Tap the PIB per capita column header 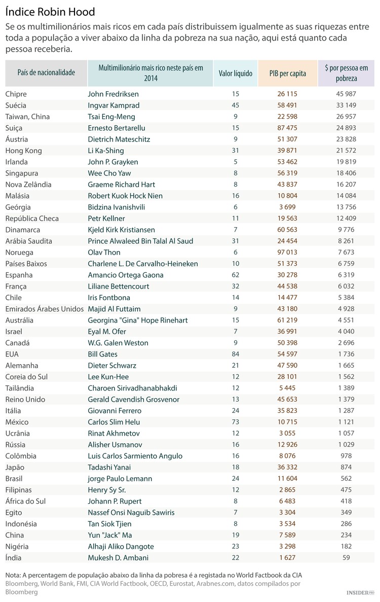point(287,73)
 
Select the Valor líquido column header point(235,73)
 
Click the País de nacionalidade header point(46,73)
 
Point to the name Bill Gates point(102,354)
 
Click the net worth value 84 point(235,354)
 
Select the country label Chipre point(16,94)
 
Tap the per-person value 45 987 point(346,94)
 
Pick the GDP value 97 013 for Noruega point(287,252)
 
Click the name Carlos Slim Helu point(115,422)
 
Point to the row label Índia point(14,557)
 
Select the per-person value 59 point(346,557)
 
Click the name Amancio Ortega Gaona point(126,275)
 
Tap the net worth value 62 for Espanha point(235,275)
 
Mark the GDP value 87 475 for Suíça point(287,128)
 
